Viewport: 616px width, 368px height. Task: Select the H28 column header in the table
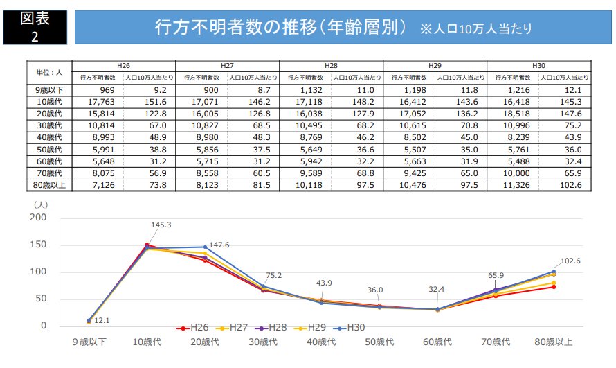point(331,64)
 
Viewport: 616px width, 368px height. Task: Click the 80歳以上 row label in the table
point(49,185)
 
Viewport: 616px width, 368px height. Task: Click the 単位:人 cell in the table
point(49,71)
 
